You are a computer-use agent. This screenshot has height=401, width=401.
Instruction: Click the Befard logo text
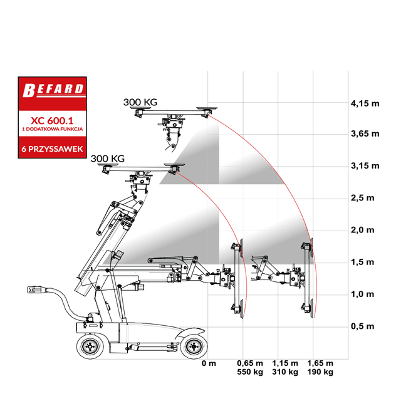point(53,90)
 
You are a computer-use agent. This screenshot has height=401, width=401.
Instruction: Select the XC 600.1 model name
point(52,120)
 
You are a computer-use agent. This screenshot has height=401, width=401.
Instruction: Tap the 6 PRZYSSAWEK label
point(52,149)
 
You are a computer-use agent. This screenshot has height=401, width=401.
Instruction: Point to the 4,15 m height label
point(365,103)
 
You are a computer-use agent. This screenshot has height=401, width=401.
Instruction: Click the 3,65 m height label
point(365,133)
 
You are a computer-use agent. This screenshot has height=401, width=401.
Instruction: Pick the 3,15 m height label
point(365,166)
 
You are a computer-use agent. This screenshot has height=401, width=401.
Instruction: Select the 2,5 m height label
point(362,198)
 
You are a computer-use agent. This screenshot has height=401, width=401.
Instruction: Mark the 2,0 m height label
point(362,230)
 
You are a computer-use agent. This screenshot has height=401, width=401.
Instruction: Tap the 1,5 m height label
point(362,262)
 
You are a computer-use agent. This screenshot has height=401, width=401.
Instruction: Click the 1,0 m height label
point(362,294)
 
